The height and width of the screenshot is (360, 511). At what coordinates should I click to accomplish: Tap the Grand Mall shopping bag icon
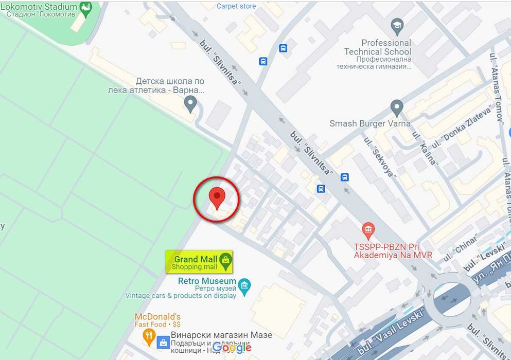click(x=225, y=261)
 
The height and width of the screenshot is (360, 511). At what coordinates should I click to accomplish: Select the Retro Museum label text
click(x=207, y=281)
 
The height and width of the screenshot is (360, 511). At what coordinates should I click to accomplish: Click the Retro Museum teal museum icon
click(x=244, y=284)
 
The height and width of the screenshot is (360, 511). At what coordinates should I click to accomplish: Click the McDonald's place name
click(x=157, y=316)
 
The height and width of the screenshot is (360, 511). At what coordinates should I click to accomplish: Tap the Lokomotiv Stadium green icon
click(x=85, y=8)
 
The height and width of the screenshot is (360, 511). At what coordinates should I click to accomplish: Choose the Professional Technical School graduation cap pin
click(x=397, y=25)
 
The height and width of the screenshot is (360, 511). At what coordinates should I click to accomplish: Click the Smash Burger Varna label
click(x=370, y=123)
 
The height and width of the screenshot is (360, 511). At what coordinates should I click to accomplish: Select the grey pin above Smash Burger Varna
click(x=396, y=108)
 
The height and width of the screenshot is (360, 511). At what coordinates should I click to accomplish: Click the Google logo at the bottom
click(x=232, y=348)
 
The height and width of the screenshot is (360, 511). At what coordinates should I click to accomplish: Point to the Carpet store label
click(x=236, y=6)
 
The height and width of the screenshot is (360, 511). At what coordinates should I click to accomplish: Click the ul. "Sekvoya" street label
click(x=380, y=157)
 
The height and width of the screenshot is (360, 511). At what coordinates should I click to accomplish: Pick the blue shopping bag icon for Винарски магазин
click(x=163, y=342)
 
